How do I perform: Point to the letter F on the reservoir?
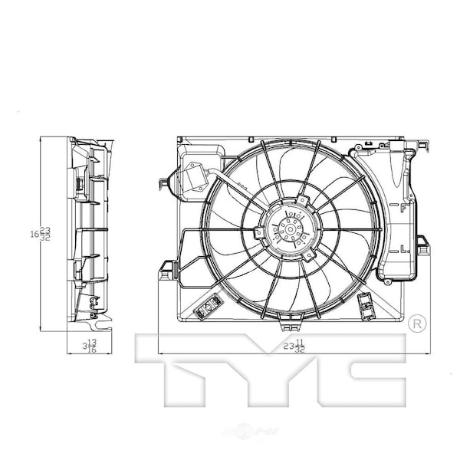(x=402, y=207)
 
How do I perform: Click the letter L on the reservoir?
(x=402, y=247)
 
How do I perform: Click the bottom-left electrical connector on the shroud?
(x=206, y=308)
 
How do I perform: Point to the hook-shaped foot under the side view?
(x=93, y=305)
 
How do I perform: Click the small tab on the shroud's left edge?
(x=160, y=182)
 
